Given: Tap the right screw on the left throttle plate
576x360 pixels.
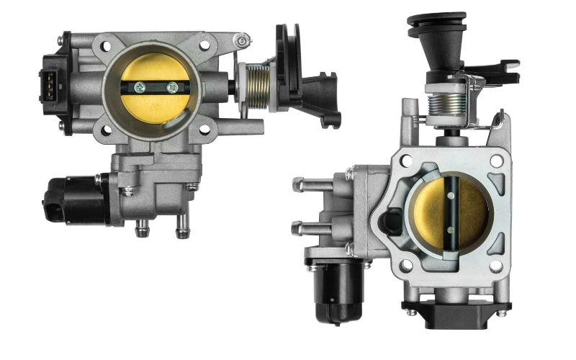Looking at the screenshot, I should [x=171, y=88].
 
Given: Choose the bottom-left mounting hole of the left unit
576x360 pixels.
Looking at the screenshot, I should [x=106, y=130].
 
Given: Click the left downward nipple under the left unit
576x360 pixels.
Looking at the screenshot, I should [x=140, y=228].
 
